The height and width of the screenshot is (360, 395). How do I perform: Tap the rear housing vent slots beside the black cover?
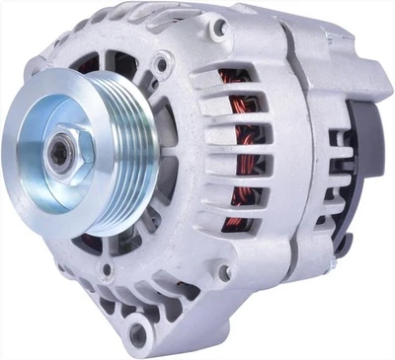coord(341,197)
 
